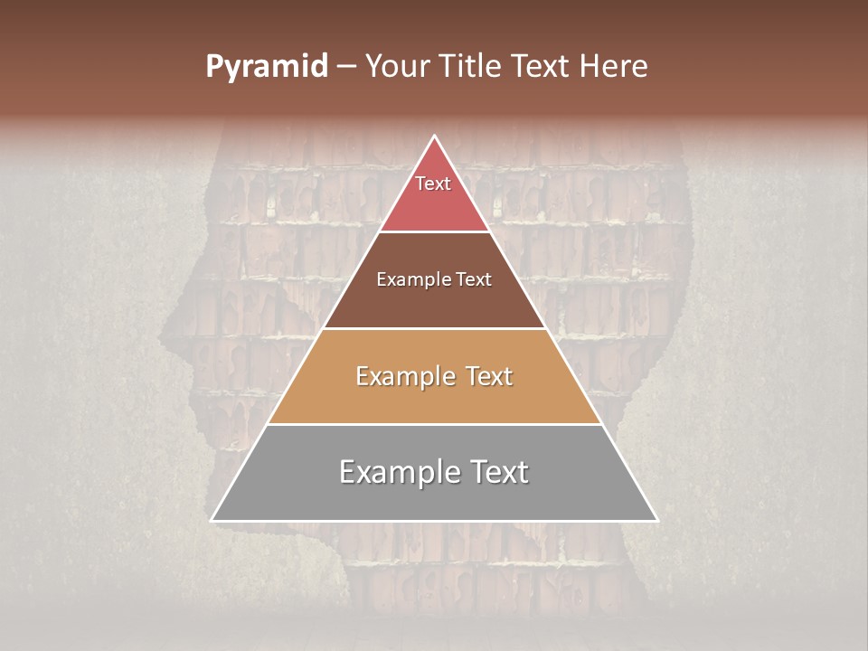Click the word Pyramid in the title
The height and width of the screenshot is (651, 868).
tap(266, 67)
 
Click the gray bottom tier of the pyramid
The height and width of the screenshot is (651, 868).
tap(434, 493)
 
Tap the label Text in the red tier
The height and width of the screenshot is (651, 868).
tap(433, 184)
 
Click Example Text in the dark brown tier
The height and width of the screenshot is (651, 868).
tap(434, 279)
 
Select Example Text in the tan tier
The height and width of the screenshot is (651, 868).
tap(434, 376)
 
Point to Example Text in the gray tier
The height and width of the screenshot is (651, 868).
tap(434, 472)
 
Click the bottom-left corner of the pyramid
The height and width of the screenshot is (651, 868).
tap(212, 520)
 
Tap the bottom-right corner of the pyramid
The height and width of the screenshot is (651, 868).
tap(656, 520)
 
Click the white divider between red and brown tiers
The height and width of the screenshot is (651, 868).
tap(434, 231)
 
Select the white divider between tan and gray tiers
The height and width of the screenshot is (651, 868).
tap(434, 424)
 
